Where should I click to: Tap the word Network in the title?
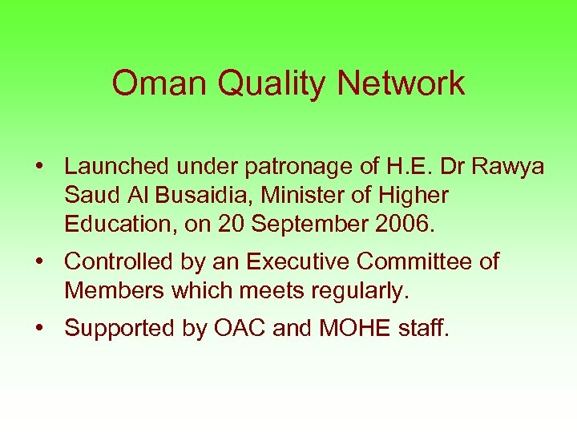pos(401,83)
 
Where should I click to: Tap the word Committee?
pos(416,261)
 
